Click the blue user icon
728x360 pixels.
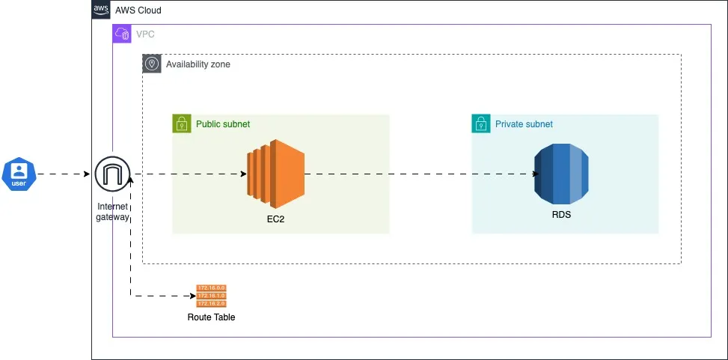(18, 174)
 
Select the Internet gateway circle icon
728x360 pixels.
(112, 174)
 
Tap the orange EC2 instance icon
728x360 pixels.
(275, 174)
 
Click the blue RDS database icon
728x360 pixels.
(561, 174)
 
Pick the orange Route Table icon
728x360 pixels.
(211, 296)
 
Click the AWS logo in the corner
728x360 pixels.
(101, 10)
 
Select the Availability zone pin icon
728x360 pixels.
(152, 64)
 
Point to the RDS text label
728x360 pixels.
(561, 215)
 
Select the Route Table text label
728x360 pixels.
(211, 317)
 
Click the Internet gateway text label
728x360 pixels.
(112, 212)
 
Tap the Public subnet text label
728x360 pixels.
(223, 123)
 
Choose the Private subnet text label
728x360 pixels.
(524, 123)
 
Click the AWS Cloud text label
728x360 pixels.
(138, 10)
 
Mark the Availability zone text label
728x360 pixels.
(198, 64)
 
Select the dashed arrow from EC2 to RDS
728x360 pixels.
(419, 174)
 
